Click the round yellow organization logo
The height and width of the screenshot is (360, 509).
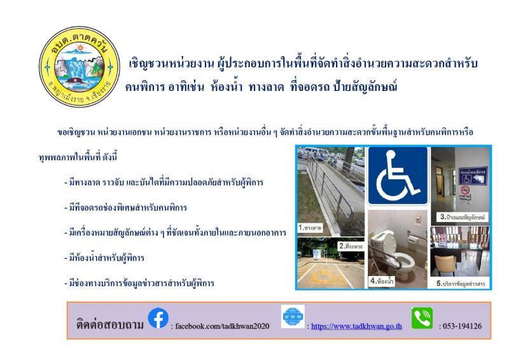coord(80,67)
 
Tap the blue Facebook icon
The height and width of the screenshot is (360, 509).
coord(158,318)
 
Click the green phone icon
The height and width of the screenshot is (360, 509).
coord(422,318)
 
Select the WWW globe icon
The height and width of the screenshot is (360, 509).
coord(293,316)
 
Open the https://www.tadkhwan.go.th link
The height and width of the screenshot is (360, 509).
coord(356,326)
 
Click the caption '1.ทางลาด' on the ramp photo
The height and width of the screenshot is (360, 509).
coord(310,228)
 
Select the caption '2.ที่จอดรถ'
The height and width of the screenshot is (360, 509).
coord(351,246)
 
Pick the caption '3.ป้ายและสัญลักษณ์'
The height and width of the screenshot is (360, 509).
coord(463,217)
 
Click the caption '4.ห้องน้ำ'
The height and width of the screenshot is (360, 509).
coord(382,280)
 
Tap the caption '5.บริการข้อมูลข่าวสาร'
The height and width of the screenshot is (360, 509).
coord(461,284)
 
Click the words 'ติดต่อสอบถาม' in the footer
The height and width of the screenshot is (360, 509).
coord(109,324)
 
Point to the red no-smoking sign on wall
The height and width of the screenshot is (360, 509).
coord(465,190)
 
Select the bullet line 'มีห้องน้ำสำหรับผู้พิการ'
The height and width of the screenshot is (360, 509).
coord(104,258)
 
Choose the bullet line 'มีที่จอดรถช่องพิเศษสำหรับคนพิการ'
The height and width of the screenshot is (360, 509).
coord(125,207)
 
